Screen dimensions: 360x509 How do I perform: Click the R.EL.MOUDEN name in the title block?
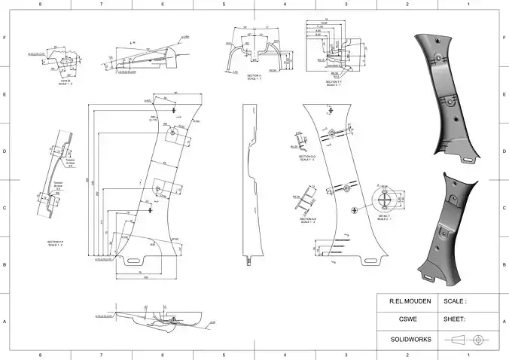coord(408,301)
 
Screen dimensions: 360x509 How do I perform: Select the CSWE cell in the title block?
coord(408,319)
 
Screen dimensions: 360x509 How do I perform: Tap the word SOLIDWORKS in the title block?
coord(410,340)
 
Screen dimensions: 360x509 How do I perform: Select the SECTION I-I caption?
coord(254,77)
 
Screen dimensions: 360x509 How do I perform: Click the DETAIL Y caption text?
coord(383,218)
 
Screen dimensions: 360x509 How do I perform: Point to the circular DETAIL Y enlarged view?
coord(387,199)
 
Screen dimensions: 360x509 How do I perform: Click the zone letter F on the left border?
coord(5,38)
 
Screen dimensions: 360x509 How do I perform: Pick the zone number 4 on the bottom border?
coord(285,355)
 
